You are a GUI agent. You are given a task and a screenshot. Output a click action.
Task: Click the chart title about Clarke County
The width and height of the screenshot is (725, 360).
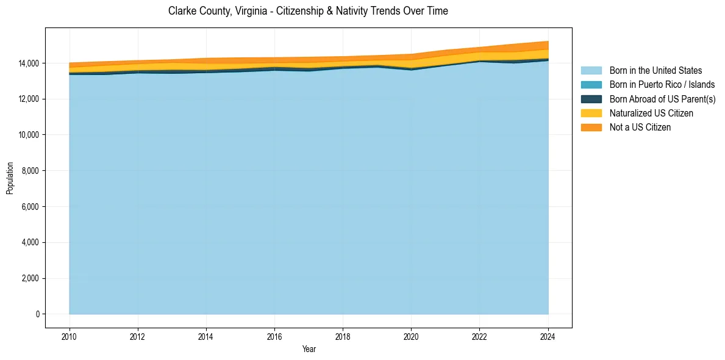click(x=308, y=11)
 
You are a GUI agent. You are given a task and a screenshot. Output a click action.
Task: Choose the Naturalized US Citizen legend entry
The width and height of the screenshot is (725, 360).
click(x=651, y=113)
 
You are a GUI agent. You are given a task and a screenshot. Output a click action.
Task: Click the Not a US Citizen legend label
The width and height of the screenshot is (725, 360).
click(x=640, y=128)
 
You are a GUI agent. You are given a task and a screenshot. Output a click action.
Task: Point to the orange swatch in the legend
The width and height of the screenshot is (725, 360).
click(x=591, y=128)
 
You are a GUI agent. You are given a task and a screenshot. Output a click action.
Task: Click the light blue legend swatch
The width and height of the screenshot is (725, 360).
click(x=591, y=71)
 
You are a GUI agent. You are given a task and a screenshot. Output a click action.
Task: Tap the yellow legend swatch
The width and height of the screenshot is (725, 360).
click(x=591, y=113)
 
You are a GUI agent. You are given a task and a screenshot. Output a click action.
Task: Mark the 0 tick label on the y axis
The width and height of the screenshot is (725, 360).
click(x=38, y=314)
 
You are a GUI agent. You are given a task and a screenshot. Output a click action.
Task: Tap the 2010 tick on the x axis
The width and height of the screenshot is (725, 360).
click(x=70, y=336)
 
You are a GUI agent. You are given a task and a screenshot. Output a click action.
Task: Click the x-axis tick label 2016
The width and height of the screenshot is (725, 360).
click(x=274, y=336)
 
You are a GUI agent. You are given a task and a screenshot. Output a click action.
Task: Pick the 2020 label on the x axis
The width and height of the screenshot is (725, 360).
click(x=412, y=336)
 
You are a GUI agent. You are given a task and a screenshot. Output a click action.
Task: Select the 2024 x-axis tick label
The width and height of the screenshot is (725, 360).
click(x=548, y=336)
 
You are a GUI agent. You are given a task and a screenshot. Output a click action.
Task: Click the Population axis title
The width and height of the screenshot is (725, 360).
click(x=10, y=178)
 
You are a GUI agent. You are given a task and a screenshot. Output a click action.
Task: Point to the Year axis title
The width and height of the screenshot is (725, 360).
click(x=309, y=349)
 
